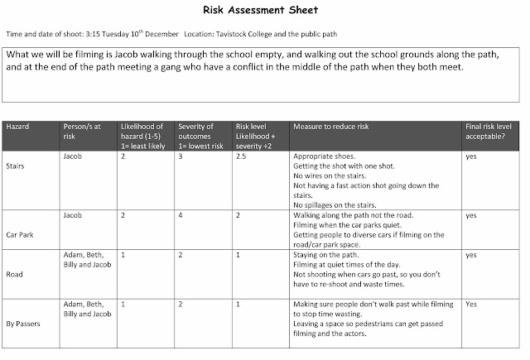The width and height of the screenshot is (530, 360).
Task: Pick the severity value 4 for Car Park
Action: (x=181, y=215)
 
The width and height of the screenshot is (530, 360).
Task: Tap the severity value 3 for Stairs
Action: (x=181, y=156)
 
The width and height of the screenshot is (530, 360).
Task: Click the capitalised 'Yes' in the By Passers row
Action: (x=471, y=304)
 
